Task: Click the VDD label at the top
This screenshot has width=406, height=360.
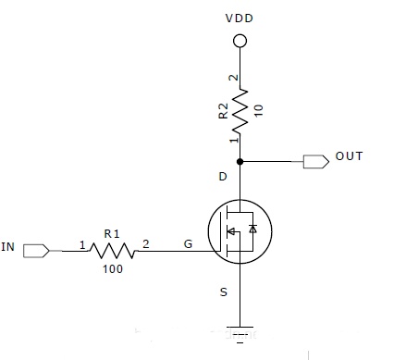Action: click(x=240, y=19)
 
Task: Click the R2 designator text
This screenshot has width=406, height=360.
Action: click(x=223, y=111)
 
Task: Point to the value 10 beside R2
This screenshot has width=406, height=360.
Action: click(x=259, y=111)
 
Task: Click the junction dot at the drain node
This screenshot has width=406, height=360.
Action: click(x=240, y=161)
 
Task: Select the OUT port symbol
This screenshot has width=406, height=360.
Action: click(x=316, y=162)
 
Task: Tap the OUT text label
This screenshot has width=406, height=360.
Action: click(x=349, y=156)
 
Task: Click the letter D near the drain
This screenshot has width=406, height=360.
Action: click(x=223, y=177)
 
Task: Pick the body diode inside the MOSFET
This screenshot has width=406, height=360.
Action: click(x=252, y=229)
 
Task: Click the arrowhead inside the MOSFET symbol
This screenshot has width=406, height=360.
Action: click(x=230, y=231)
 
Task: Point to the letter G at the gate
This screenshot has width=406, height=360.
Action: click(x=188, y=244)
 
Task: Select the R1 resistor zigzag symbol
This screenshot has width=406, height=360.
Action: click(x=113, y=251)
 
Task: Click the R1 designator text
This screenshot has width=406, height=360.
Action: click(x=112, y=234)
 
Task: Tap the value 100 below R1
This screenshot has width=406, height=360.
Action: click(x=113, y=269)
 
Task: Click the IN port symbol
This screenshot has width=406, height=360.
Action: click(x=36, y=251)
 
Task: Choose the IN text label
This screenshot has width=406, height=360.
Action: click(x=7, y=247)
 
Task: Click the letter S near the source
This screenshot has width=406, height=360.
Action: click(x=224, y=292)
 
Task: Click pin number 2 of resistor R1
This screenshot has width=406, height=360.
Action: click(x=146, y=244)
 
